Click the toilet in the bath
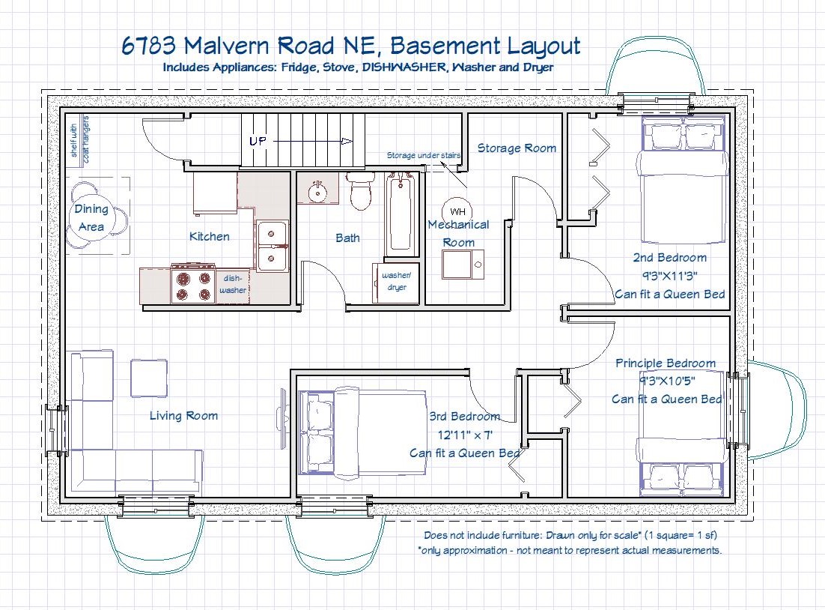(361, 190)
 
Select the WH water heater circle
(457, 211)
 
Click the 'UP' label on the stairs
(258, 141)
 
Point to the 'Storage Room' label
(517, 148)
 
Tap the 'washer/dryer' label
(397, 281)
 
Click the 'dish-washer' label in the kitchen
(233, 284)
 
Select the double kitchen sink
(272, 246)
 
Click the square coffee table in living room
(149, 378)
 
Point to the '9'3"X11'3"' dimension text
(669, 276)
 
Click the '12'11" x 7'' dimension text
(465, 435)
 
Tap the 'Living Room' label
(183, 416)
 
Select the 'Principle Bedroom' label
(666, 363)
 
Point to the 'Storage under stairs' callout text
(424, 155)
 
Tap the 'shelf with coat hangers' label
(79, 139)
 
